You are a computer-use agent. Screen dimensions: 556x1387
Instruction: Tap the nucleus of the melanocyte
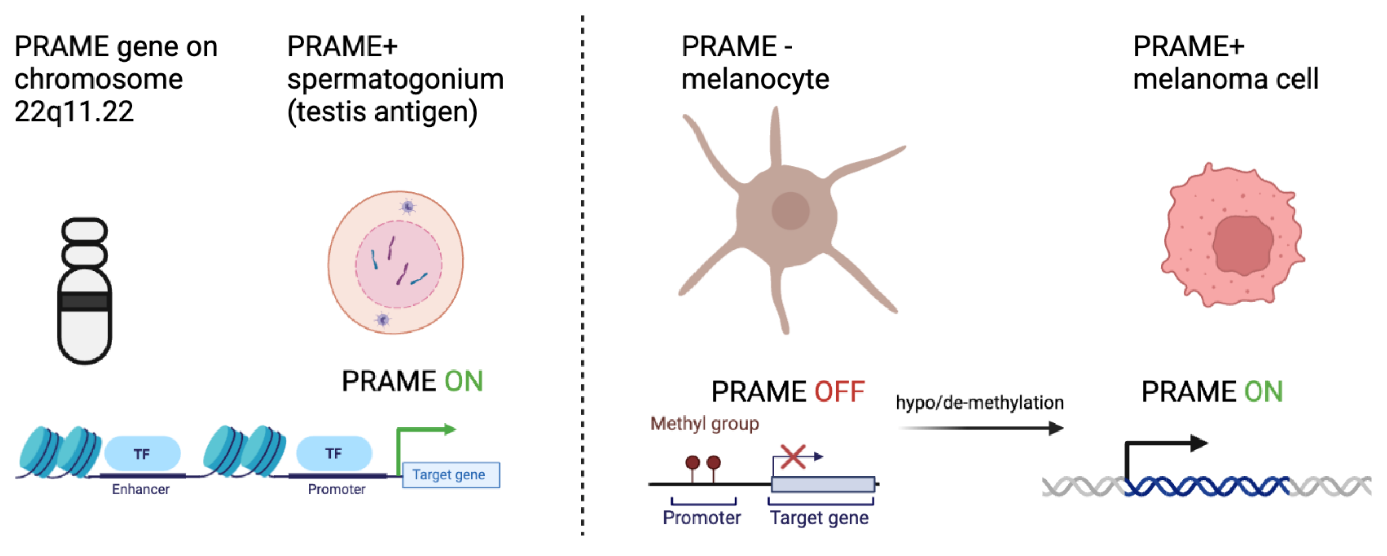790,211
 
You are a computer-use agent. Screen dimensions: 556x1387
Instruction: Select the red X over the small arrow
793,457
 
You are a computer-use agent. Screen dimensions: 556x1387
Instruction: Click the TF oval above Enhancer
142,454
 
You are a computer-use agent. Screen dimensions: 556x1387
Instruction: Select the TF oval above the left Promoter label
334,454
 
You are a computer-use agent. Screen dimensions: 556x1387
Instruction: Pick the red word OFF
839,392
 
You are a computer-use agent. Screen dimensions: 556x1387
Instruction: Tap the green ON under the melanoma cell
1263,392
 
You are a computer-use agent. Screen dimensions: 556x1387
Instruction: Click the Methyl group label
704,424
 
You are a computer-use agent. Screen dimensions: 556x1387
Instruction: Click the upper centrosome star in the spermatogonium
408,206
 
